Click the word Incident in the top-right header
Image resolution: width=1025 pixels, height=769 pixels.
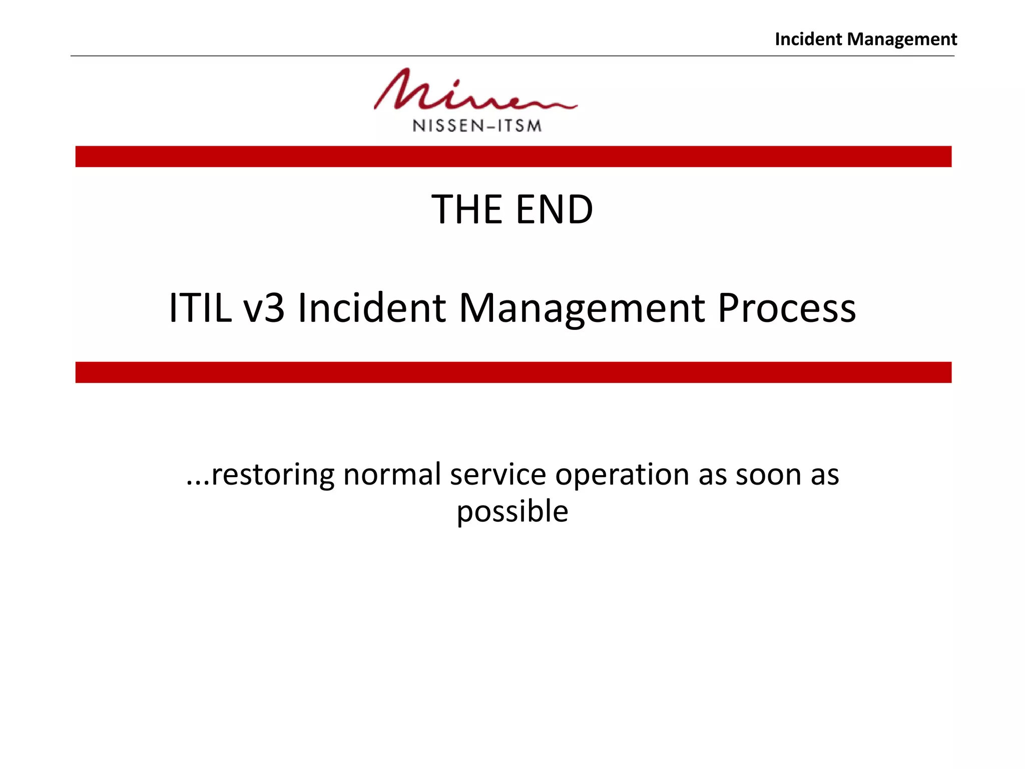tap(808, 39)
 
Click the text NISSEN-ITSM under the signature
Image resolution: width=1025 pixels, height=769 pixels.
tap(477, 126)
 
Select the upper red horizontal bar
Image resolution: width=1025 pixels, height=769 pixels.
tap(513, 157)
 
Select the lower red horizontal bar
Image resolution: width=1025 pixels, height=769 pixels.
tap(513, 372)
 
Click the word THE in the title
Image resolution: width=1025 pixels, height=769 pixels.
tap(466, 209)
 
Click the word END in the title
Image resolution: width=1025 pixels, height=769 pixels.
tap(554, 209)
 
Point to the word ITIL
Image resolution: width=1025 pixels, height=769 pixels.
tap(200, 307)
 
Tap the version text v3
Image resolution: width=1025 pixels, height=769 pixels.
tap(264, 307)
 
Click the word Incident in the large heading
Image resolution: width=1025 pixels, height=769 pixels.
tap(371, 307)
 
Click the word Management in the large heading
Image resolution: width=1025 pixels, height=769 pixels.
tap(582, 307)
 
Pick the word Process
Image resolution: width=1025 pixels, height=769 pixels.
tap(786, 307)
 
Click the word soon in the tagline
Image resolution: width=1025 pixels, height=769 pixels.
tap(768, 475)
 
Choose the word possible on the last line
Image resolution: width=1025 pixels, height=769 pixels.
tap(512, 512)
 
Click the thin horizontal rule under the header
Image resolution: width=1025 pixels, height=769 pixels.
tap(512, 56)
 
